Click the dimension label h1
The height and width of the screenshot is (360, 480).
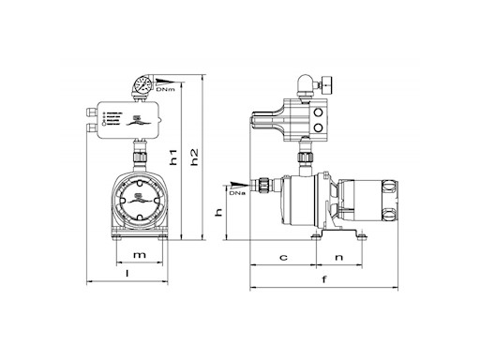pos(173,159)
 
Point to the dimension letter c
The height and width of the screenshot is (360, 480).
pos(282,256)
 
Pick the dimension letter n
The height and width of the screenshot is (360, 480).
pos(338,256)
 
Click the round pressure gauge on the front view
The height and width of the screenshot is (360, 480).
pos(141,86)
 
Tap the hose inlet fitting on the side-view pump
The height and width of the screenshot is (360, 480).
pos(267,186)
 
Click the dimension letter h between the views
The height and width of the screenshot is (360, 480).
pos(218,214)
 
